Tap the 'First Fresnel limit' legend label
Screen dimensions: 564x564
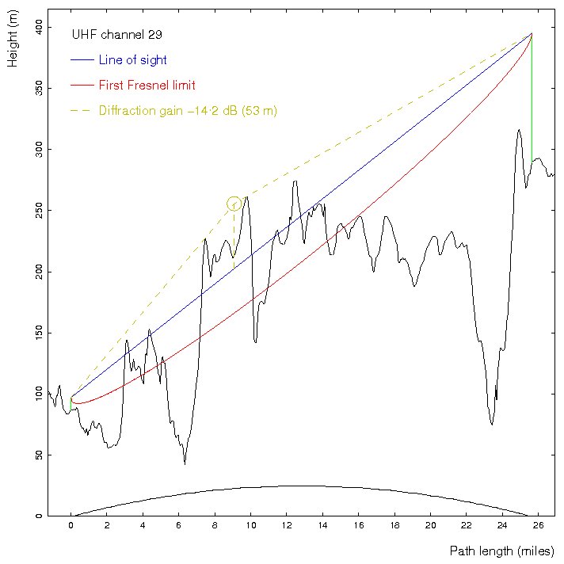147,85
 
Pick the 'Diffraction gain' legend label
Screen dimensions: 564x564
188,111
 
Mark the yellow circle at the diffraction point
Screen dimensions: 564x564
234,204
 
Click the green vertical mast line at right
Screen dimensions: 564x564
532,95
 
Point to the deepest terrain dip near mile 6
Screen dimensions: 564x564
185,463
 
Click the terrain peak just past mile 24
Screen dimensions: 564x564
519,130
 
